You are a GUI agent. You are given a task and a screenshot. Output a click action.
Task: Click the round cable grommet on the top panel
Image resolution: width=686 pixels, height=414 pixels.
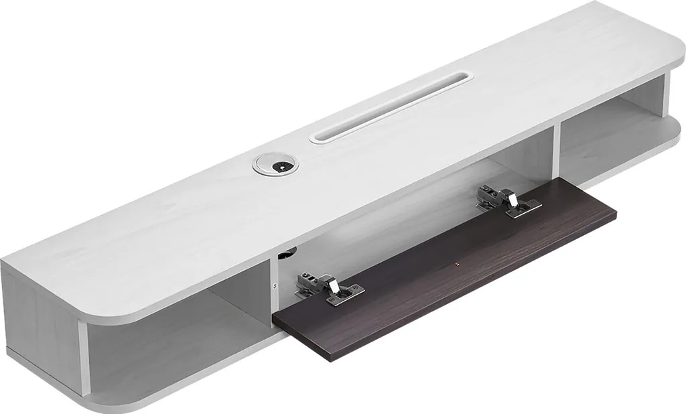[273, 163]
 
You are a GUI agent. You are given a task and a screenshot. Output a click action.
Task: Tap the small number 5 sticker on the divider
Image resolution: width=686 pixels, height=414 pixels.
[275, 284]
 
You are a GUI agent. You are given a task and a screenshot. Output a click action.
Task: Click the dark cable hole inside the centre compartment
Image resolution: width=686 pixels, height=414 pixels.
[287, 254]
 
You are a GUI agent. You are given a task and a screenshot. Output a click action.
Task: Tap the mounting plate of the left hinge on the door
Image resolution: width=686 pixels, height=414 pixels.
[348, 293]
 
